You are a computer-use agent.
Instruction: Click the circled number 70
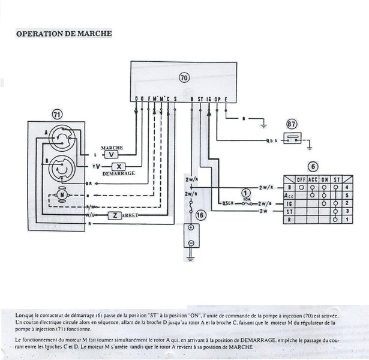pyautogui.click(x=184, y=77)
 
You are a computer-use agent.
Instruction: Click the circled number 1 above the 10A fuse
pyautogui.click(x=244, y=192)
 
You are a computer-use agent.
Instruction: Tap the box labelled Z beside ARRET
pyautogui.click(x=113, y=214)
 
